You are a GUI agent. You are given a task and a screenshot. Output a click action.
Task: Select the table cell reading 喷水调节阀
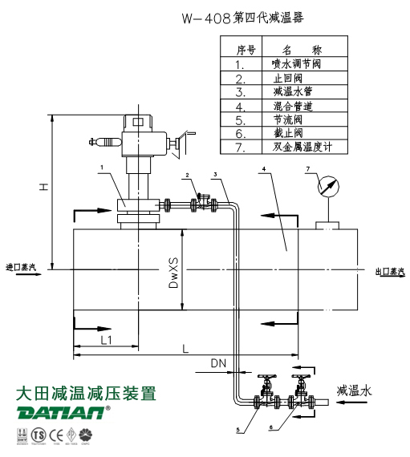coord(298,63)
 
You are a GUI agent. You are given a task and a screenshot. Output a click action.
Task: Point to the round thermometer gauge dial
coord(327,188)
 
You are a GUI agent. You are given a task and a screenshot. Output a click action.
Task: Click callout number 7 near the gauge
coord(306,168)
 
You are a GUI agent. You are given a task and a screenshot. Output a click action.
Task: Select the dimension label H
coord(45,186)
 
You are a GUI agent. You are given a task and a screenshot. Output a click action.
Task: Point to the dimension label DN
coord(218,363)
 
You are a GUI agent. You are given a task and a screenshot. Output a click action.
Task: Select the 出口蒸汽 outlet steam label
coord(390,272)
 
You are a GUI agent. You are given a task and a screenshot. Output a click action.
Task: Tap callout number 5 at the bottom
coord(237,431)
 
